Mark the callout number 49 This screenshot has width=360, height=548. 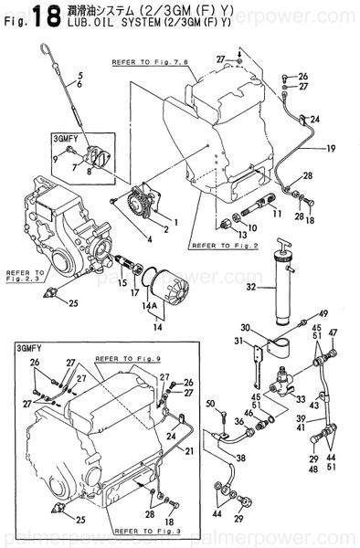point(323,313)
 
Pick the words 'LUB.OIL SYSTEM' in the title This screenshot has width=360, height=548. point(107,22)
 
